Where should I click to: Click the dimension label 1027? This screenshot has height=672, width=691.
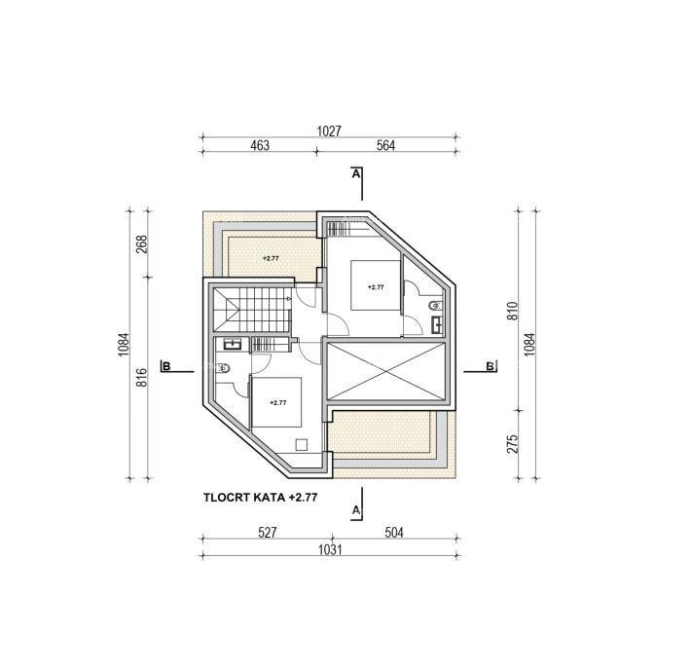329,131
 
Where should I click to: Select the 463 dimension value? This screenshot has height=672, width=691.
260,145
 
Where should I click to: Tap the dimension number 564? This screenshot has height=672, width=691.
385,145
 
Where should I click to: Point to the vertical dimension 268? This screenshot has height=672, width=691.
141,244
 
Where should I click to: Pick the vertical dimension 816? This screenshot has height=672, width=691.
141,378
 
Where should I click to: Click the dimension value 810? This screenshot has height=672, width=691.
512,311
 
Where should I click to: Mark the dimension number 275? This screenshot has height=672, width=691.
512,443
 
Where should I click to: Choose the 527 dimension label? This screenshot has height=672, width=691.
268,533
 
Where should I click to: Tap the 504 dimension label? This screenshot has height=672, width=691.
394,533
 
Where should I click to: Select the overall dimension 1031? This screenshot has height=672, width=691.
330,550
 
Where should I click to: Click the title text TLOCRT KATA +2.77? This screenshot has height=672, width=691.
261,498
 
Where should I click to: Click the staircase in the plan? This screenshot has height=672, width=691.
252,309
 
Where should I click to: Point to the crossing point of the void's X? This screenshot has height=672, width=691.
385,372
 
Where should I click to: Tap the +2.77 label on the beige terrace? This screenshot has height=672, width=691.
271,258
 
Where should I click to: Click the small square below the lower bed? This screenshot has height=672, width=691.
302,444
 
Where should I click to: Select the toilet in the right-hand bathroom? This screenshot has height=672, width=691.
435,305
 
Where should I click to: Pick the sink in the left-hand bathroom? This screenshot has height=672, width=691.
232,344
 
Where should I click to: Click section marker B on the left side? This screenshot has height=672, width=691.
165,366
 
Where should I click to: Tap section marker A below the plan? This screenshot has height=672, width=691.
356,510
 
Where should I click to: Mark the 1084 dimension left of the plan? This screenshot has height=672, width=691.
124,345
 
